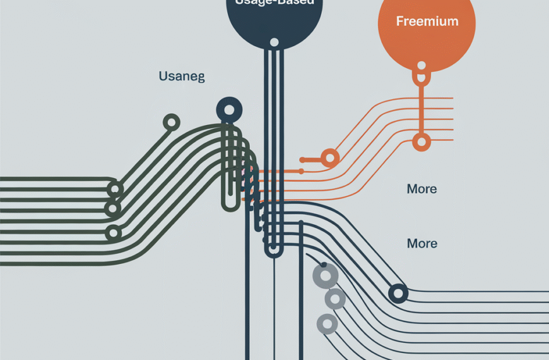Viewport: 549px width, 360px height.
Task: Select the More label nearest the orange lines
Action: (x=422, y=189)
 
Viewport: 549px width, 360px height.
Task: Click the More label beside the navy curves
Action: (x=422, y=243)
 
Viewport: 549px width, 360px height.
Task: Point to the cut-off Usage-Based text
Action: (x=273, y=3)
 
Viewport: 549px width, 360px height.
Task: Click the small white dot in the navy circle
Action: (x=274, y=43)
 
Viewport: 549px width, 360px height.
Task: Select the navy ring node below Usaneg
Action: (x=228, y=111)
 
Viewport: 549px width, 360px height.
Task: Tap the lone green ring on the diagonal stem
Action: (x=171, y=123)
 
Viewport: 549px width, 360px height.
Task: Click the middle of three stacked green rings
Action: (x=112, y=208)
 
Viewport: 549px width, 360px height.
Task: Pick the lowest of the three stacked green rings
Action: (x=114, y=233)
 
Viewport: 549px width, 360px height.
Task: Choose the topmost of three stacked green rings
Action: (x=115, y=188)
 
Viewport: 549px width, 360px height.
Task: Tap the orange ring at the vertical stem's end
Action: (x=421, y=141)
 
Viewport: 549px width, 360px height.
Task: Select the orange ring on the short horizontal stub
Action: (x=329, y=157)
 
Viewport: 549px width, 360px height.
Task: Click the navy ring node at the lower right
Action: (x=398, y=292)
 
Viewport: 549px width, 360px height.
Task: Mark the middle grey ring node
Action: (x=335, y=298)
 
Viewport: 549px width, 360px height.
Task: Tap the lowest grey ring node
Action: (x=327, y=323)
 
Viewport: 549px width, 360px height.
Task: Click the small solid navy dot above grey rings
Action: (x=323, y=265)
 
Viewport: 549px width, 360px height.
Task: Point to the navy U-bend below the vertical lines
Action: (x=273, y=251)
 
